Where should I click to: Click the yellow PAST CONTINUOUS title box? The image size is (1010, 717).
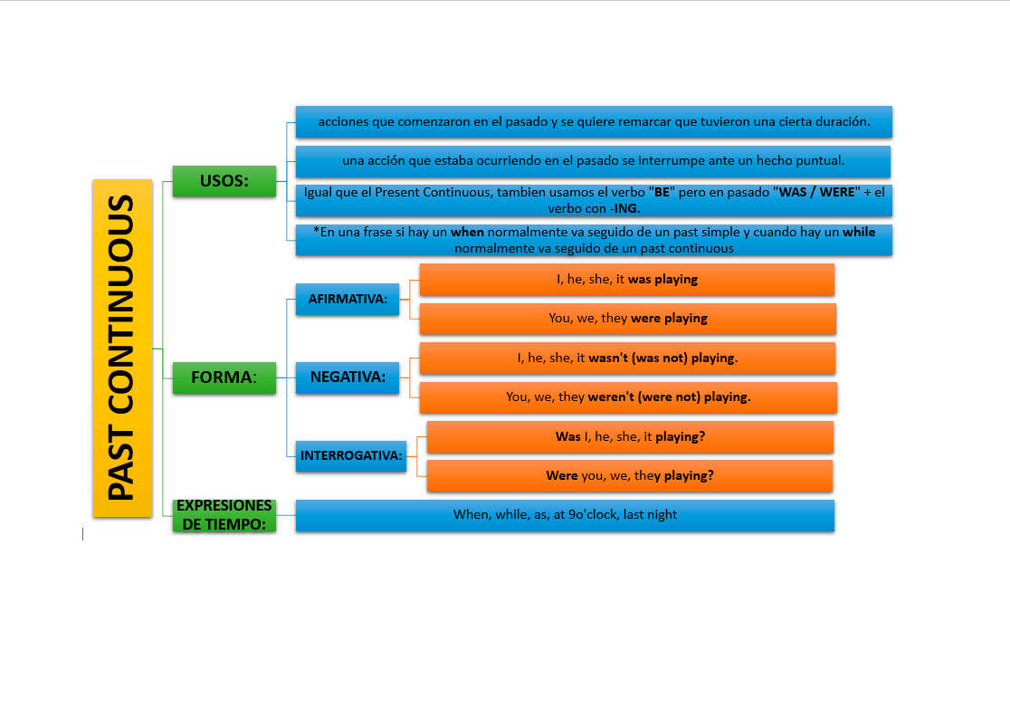click(122, 348)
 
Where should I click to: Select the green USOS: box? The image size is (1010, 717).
click(224, 181)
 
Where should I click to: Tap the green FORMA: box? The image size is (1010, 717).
click(224, 378)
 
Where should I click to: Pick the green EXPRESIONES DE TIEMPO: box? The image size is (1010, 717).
click(224, 515)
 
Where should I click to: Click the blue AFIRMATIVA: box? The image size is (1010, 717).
click(348, 299)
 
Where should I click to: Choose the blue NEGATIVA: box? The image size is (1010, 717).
click(348, 378)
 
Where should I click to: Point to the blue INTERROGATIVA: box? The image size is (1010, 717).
click(351, 456)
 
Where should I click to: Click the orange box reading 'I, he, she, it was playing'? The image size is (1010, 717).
click(627, 280)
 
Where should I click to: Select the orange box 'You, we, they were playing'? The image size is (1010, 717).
click(628, 319)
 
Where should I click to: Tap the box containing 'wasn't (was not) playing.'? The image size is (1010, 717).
click(627, 358)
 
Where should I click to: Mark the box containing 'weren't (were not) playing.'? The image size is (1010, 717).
click(628, 397)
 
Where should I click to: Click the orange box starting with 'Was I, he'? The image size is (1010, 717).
click(630, 436)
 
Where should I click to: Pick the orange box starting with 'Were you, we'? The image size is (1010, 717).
click(630, 476)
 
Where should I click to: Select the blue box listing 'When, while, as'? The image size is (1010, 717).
click(565, 515)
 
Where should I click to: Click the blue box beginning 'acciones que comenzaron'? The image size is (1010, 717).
click(594, 121)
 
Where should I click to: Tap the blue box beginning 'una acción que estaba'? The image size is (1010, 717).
click(594, 162)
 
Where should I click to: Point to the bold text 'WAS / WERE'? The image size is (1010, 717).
click(816, 192)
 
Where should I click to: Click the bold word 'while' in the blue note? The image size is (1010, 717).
click(859, 232)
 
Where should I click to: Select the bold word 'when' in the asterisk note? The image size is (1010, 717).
click(467, 232)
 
